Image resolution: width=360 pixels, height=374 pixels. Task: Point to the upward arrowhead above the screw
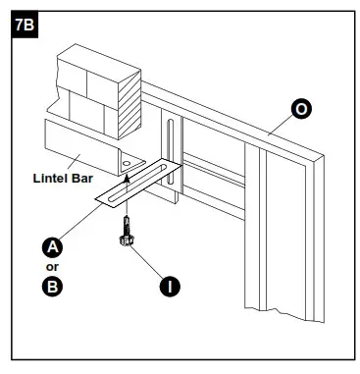[x=127, y=179]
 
